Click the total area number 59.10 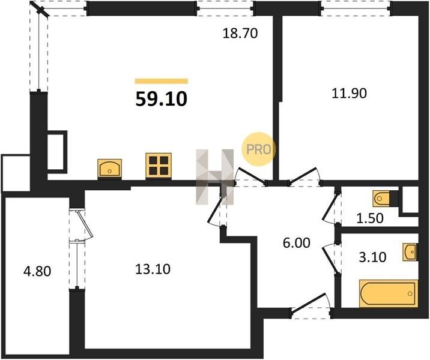[x=161, y=99]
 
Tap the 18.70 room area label [x=240, y=34]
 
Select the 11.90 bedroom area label [x=349, y=94]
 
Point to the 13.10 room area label [x=153, y=269]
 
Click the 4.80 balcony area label [x=37, y=272]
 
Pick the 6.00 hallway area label [x=297, y=243]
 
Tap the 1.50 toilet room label [x=370, y=218]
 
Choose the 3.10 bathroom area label [x=373, y=257]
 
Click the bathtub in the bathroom [x=389, y=293]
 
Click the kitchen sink [x=110, y=168]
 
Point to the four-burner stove [x=159, y=165]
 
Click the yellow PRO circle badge [x=258, y=149]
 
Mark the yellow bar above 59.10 [x=161, y=81]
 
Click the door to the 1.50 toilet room [x=330, y=208]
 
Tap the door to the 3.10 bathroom [x=331, y=257]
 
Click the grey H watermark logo [x=215, y=177]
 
